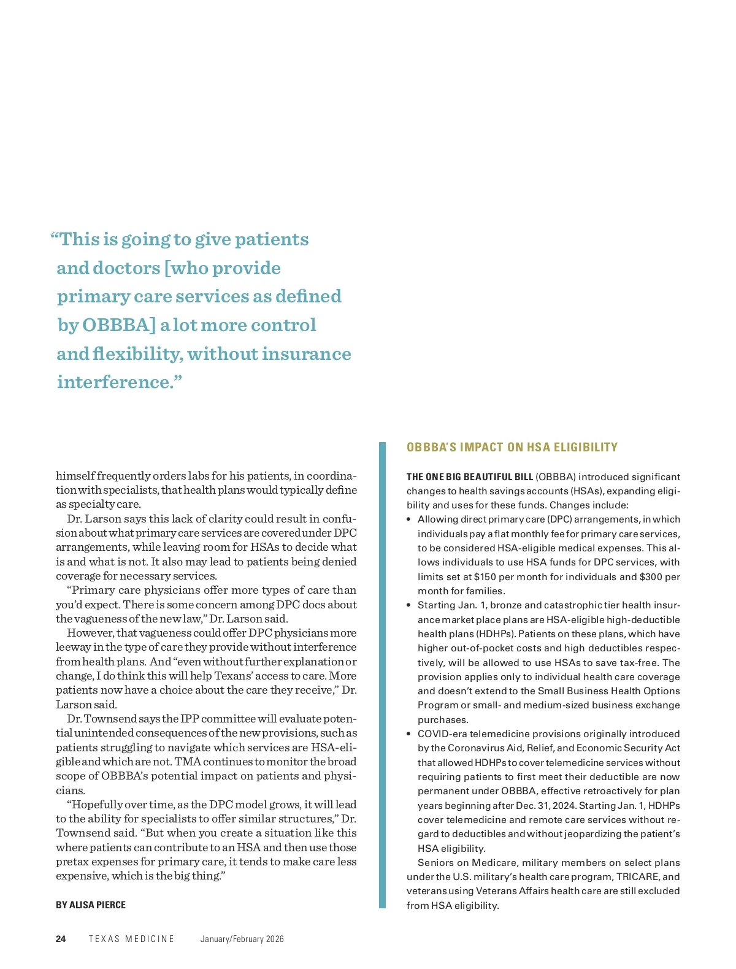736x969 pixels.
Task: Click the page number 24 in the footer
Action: coord(61,939)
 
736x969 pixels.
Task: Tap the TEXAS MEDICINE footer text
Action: coord(131,939)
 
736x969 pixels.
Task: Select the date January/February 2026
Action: coord(242,939)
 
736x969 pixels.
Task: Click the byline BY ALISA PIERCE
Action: coord(91,905)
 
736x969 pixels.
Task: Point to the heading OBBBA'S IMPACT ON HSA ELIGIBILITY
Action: coord(512,447)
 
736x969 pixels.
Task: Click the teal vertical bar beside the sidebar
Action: coord(383,675)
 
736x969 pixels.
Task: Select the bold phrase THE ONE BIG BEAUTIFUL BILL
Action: coord(470,477)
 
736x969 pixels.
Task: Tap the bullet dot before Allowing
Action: coord(409,519)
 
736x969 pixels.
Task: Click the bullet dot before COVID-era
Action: coord(409,734)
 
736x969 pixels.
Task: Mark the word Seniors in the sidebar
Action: coord(435,863)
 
